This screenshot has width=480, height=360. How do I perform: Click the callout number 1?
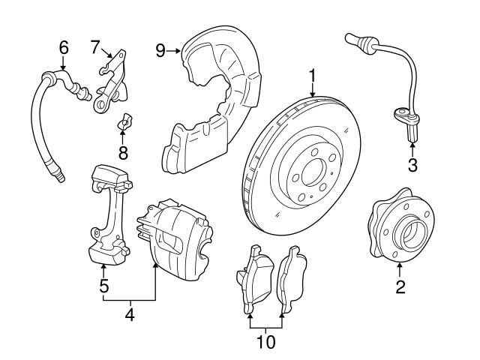coord(311,75)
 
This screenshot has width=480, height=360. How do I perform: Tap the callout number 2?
coord(400,286)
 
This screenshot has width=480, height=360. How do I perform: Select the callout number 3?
coord(412,163)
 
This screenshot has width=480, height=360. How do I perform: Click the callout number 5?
coord(104,285)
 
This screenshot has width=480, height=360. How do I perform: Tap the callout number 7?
coord(96,46)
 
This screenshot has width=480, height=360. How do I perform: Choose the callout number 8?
coord(123,153)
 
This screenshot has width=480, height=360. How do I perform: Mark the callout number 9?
coord(160,51)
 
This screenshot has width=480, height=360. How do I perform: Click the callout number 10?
coord(265,343)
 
